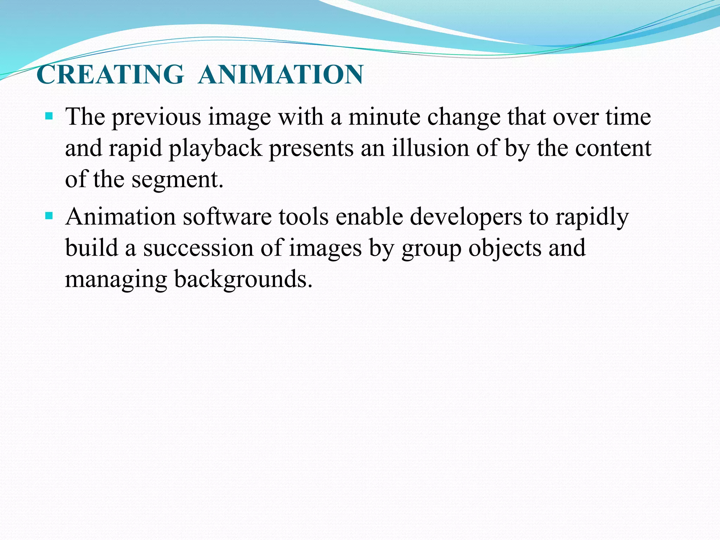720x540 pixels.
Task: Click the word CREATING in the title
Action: [110, 75]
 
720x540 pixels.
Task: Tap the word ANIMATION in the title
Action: [281, 75]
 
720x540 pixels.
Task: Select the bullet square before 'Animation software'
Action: [49, 215]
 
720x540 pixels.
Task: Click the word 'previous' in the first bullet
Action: [156, 117]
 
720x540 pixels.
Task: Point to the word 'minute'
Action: [384, 117]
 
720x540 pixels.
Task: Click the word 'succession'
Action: [198, 248]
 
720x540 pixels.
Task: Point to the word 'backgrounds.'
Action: [243, 280]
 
